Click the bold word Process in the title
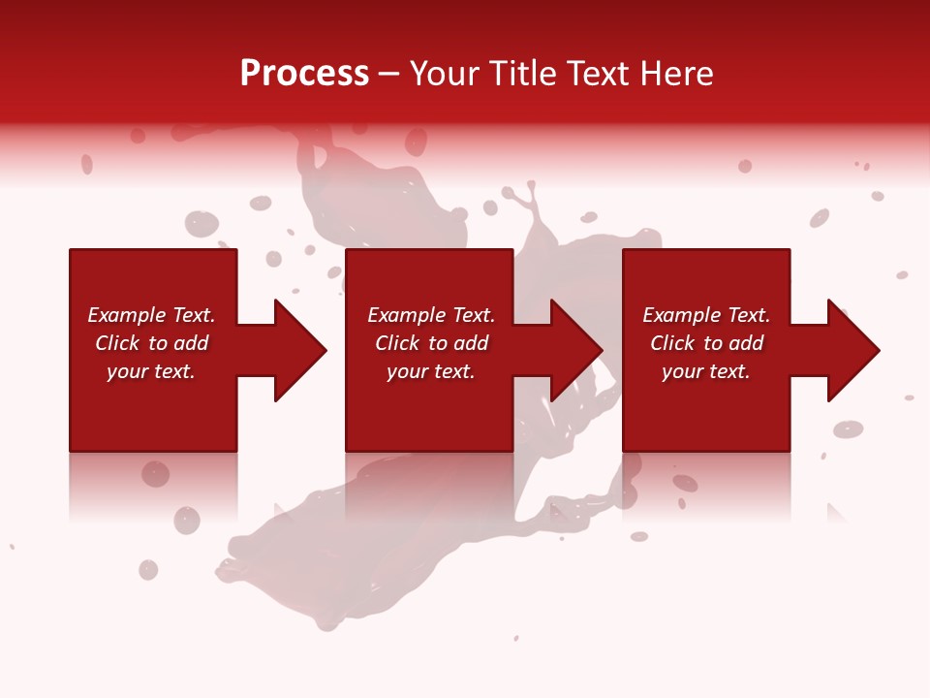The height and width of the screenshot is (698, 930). pos(304,74)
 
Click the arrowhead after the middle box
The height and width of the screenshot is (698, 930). pos(574,350)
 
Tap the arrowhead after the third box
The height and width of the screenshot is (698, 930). pos(852,350)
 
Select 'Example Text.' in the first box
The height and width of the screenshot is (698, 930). pos(151,315)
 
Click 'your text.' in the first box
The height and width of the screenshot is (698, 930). pos(151,371)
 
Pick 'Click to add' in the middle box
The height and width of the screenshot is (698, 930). pos(431,343)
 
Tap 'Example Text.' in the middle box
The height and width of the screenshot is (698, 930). pos(431,315)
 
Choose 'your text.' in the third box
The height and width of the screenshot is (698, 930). pos(706,371)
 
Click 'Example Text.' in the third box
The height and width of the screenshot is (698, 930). pos(706,315)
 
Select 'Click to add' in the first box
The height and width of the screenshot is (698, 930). pos(151,343)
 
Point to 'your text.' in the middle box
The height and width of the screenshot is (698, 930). pos(431,371)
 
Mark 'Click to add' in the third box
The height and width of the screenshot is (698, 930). pos(706,343)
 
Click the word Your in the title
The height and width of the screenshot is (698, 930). pos(442,74)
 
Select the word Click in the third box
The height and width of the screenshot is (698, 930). pos(672,343)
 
